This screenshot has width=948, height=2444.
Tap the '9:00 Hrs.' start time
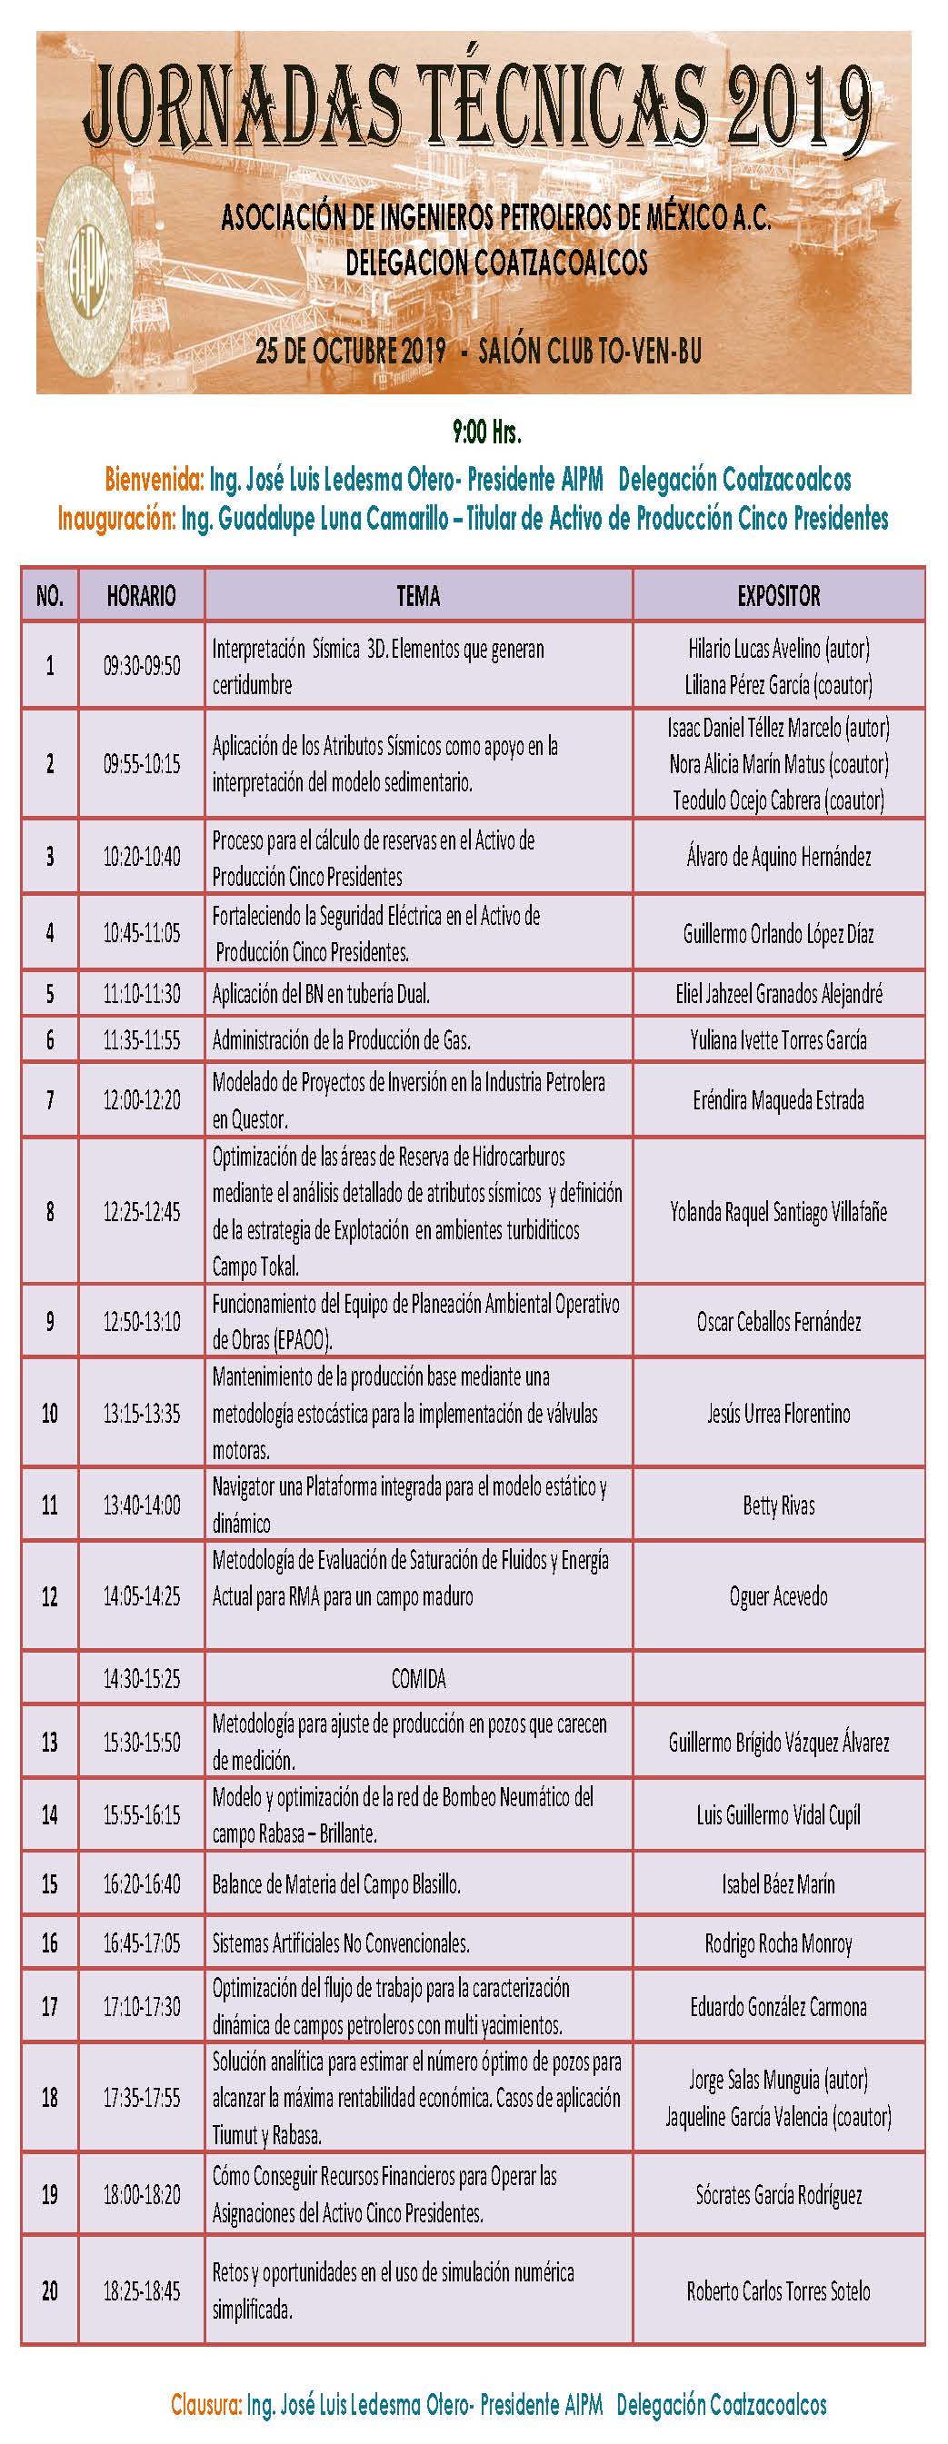487,432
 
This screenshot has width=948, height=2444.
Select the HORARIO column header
142,596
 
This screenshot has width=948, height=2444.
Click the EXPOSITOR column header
778,596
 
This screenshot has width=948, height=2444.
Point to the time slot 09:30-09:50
142,666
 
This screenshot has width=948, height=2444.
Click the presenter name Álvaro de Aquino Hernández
778,857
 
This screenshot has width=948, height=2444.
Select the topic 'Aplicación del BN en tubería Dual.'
321,994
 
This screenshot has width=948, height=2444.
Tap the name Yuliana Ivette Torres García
778,1041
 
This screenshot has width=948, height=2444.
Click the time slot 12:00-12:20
142,1100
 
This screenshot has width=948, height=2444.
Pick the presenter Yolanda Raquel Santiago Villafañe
778,1212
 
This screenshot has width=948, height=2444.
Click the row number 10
49,1414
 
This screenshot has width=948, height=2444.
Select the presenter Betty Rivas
778,1505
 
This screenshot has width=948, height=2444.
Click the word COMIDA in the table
418,1679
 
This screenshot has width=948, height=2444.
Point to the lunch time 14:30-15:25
142,1679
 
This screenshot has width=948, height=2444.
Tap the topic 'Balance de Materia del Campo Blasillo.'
336,1884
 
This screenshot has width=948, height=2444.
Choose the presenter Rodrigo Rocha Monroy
778,1944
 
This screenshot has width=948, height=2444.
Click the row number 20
49,2291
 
